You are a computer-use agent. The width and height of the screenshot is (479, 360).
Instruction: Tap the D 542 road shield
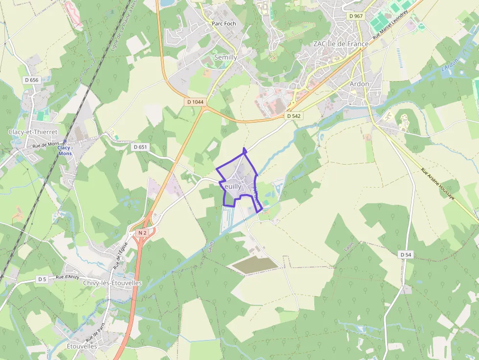[x=293, y=116]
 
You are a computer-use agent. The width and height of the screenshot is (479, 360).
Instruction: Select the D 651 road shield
[x=140, y=147]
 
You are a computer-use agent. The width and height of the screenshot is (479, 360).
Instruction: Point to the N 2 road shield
[x=142, y=233]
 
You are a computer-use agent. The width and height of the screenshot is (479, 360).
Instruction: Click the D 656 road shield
[x=31, y=80]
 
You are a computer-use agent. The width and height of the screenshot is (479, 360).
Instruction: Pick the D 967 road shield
[x=356, y=16]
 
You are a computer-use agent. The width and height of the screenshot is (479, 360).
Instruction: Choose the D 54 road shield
[x=406, y=254]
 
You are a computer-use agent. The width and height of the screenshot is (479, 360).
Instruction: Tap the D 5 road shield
[x=42, y=279]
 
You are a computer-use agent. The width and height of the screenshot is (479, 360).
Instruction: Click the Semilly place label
[x=226, y=57]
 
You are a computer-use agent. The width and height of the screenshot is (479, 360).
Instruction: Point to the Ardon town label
[x=359, y=84]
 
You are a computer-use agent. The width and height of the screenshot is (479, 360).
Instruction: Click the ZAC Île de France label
[x=341, y=44]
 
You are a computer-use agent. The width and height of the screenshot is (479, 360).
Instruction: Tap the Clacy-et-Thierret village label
[x=33, y=132]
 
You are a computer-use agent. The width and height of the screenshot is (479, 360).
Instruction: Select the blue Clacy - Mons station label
[x=65, y=150]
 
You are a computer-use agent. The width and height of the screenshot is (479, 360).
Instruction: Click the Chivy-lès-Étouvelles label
[x=112, y=283]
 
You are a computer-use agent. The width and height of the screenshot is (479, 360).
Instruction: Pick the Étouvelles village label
[x=82, y=346]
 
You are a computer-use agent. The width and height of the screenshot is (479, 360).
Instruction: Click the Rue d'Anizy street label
[x=67, y=277]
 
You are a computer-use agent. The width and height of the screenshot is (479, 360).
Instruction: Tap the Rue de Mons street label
[x=46, y=145]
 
